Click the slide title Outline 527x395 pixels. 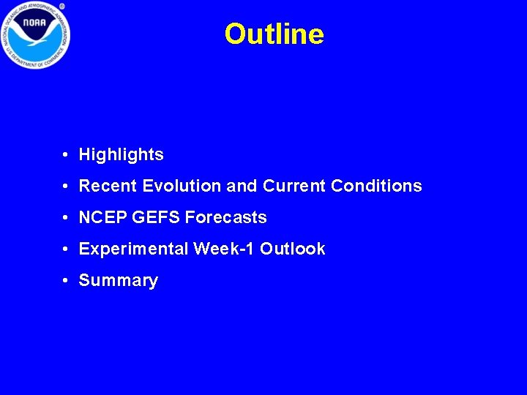(x=274, y=34)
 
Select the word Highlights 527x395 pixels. (x=121, y=155)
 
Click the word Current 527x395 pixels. (x=294, y=187)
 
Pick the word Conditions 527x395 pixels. (x=376, y=187)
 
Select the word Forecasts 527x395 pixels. (x=226, y=218)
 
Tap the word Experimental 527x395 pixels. (x=134, y=249)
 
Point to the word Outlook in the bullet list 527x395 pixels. (x=292, y=249)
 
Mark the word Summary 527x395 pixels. (x=118, y=281)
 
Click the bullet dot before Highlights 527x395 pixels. (x=66, y=155)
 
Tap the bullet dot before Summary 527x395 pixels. (x=66, y=281)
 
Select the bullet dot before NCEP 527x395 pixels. (x=66, y=218)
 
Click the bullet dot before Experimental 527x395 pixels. (x=66, y=249)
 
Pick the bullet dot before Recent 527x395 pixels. (x=66, y=187)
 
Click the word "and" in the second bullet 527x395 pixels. (x=242, y=187)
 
